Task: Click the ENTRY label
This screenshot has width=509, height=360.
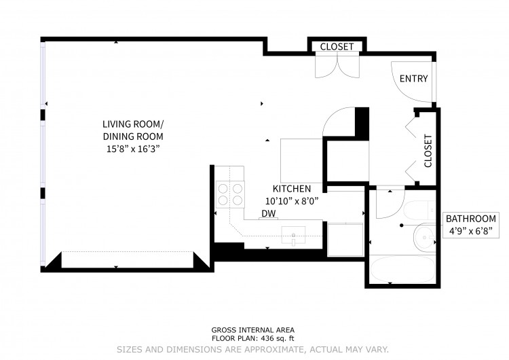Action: click(x=413, y=79)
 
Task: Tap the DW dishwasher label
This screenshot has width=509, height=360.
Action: click(x=269, y=213)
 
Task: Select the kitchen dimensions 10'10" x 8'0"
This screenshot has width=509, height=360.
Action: click(x=292, y=202)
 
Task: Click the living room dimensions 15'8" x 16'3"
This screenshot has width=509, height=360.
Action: click(x=134, y=149)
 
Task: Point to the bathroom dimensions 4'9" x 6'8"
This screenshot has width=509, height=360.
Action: click(x=471, y=231)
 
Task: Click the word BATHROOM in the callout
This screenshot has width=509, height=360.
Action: click(x=471, y=219)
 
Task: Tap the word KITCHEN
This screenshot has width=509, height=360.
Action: click(x=292, y=189)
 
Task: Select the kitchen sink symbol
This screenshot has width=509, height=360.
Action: click(x=293, y=235)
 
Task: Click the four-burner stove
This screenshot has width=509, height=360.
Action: click(x=230, y=195)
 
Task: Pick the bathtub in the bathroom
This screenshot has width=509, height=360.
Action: click(x=402, y=270)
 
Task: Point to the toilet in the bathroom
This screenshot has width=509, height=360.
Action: click(x=419, y=210)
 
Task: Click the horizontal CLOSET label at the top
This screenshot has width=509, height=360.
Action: click(x=337, y=47)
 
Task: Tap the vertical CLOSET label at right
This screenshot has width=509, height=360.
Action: click(x=428, y=151)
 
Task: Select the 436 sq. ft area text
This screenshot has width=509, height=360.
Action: click(x=276, y=338)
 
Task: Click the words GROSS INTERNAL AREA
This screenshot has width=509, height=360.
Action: click(x=253, y=330)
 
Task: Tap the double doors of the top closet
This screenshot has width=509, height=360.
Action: click(x=337, y=67)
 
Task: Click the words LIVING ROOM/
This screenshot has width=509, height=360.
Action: click(x=134, y=124)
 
